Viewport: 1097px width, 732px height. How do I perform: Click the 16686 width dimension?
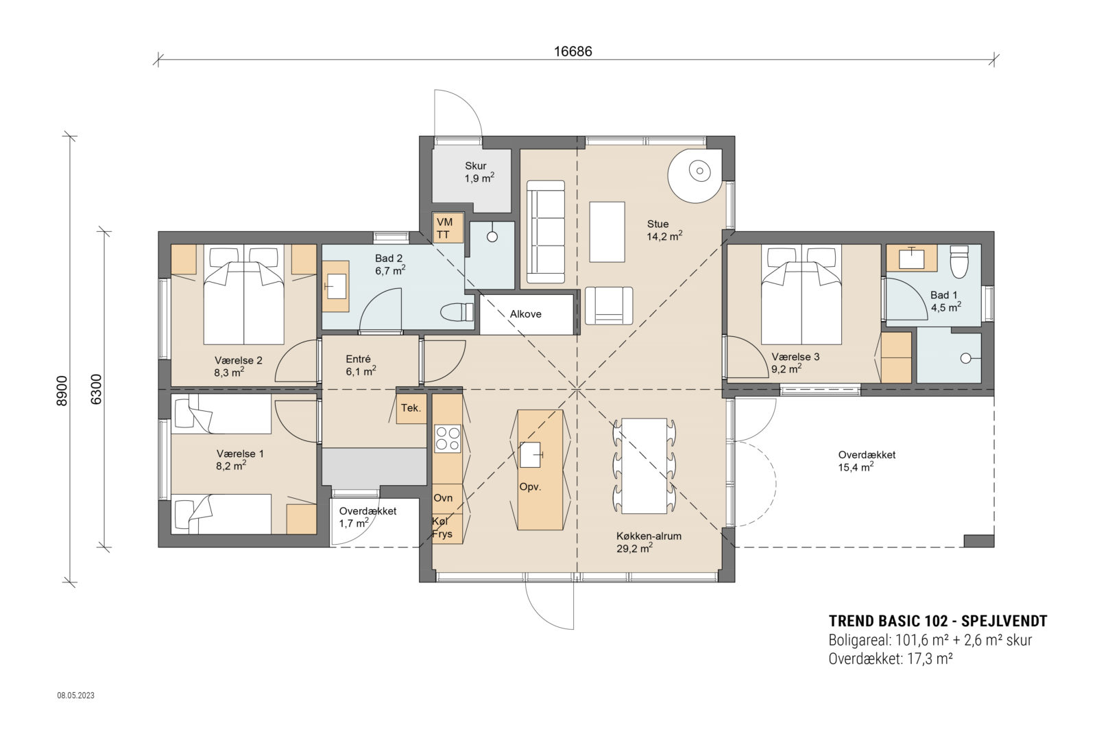[572, 51]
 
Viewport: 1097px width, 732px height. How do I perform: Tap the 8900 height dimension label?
[62, 391]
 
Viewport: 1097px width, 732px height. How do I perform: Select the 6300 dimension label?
[96, 389]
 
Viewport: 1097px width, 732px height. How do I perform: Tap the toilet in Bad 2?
[458, 312]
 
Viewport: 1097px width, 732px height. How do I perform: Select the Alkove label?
[525, 314]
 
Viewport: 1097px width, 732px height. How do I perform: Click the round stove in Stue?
[696, 172]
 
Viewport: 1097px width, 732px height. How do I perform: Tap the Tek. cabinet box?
[411, 408]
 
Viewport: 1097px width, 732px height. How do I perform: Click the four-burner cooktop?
[448, 439]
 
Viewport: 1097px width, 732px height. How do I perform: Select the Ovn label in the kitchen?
[443, 498]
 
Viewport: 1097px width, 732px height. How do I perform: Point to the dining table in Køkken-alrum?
[644, 466]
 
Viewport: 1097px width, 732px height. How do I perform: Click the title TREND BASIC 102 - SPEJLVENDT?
[937, 621]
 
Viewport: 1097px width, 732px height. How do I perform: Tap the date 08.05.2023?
[75, 696]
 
